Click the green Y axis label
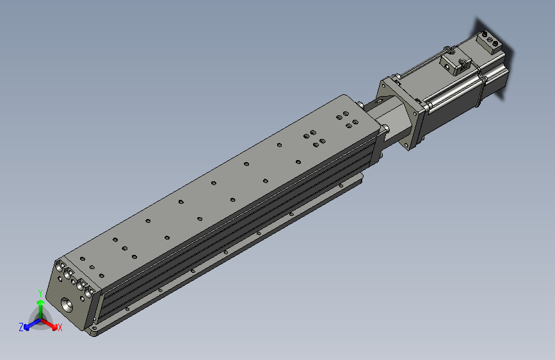coord(40,293)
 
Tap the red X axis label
coord(60,327)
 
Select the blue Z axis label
coord(21,327)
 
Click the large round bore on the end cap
coord(67,305)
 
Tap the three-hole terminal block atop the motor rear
coord(489,42)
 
